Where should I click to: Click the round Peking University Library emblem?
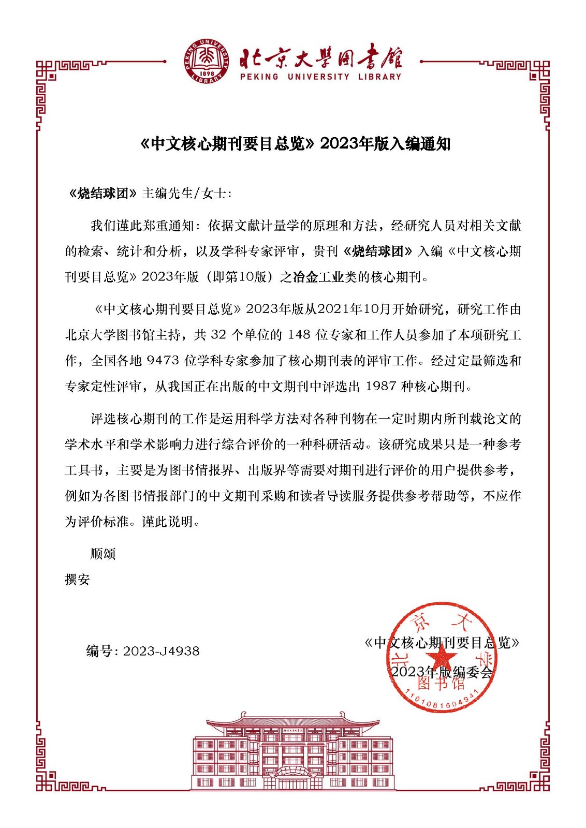point(207,61)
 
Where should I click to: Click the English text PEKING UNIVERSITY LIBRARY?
point(320,77)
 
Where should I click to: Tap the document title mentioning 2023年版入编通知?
point(296,144)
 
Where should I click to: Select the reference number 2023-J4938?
point(161,651)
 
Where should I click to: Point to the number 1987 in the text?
point(381,387)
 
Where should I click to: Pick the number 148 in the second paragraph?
point(299,335)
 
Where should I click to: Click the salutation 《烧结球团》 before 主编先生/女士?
point(102,194)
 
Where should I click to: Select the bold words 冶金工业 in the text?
point(318,277)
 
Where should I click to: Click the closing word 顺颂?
point(103,554)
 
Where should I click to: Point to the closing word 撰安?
point(77,580)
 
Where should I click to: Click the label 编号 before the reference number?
point(99,651)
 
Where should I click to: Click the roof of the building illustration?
point(292,721)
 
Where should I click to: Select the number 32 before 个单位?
point(218,335)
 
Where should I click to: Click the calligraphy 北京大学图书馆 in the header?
point(320,58)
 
